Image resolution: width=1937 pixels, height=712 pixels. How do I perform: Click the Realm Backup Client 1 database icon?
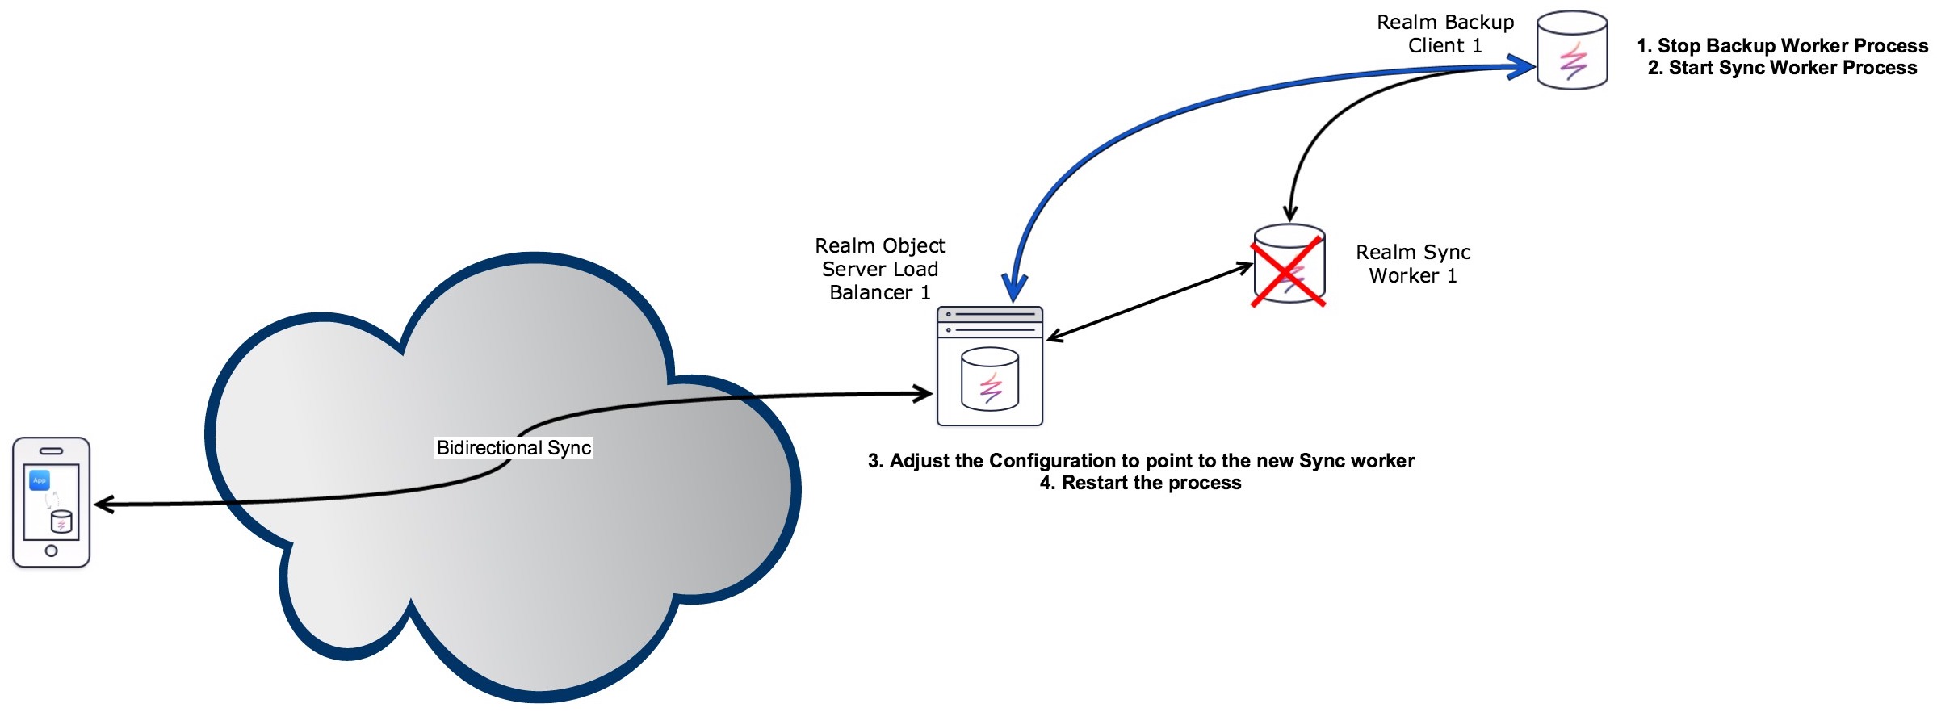1571,49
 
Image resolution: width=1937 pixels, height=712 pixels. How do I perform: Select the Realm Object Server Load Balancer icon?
989,366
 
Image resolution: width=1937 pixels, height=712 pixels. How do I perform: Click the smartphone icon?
51,502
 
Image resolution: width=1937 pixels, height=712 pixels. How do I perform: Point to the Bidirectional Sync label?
514,448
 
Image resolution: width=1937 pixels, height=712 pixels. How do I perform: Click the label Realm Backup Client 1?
1444,34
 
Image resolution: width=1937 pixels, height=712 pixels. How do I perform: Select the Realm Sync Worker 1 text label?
1413,264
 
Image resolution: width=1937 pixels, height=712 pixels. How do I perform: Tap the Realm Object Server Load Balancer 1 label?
879,269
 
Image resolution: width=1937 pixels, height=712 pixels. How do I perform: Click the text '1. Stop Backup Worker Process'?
1782,46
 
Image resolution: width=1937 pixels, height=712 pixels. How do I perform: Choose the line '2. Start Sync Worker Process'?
1782,68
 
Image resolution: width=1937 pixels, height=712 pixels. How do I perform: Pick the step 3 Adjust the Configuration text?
1141,461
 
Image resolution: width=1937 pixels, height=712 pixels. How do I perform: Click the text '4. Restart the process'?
1140,483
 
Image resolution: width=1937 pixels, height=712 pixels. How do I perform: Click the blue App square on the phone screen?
40,480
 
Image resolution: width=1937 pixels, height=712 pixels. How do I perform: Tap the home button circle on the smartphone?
51,551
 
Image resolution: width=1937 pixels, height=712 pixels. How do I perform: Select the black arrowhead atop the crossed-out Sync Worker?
1290,212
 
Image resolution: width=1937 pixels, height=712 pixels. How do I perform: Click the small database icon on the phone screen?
61,522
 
